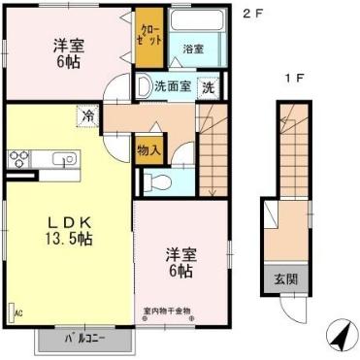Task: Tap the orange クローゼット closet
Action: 148,39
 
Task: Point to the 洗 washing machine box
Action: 209,86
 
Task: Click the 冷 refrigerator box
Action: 88,115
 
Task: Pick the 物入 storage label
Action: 150,150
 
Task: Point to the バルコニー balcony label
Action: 83,340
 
